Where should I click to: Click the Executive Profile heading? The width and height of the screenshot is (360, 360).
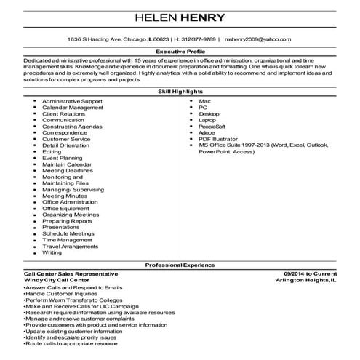click(180, 52)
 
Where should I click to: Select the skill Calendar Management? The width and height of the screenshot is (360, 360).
click(73, 107)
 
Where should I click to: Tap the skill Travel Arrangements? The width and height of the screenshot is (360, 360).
click(70, 246)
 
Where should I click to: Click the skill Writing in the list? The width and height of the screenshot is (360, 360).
click(52, 252)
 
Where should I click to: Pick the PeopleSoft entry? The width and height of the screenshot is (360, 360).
click(212, 126)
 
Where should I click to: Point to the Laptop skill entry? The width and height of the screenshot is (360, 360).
click(207, 119)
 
